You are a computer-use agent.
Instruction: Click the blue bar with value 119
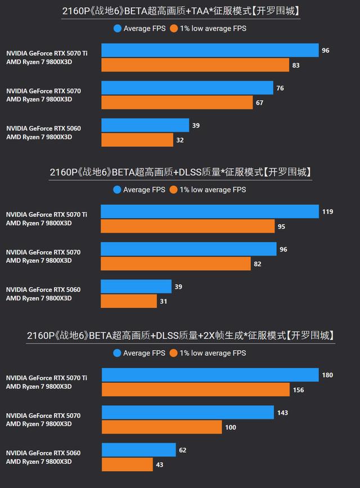(210, 212)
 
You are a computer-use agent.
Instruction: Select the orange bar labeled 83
(195, 65)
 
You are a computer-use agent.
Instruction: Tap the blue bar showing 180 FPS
(210, 375)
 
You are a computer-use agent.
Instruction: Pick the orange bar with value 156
(196, 390)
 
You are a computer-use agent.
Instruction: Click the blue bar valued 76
(187, 88)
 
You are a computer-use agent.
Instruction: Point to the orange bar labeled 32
(137, 140)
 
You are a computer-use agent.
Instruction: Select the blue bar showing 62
(139, 450)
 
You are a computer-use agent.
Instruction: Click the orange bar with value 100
(162, 427)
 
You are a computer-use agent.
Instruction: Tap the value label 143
(282, 413)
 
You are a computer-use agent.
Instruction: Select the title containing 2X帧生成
(181, 335)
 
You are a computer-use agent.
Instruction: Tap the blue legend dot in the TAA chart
(117, 28)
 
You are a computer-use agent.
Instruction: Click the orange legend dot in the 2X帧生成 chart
(174, 353)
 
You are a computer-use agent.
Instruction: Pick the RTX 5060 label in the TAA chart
(43, 128)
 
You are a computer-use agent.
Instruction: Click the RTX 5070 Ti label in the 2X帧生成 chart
(47, 378)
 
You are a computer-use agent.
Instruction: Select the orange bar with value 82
(175, 264)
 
